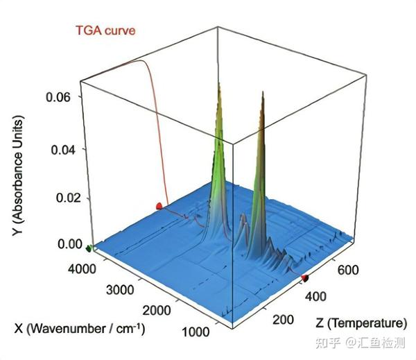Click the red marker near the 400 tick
pyautogui.click(x=304, y=278)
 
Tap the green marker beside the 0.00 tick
pyautogui.click(x=89, y=247)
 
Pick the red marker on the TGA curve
pyautogui.click(x=159, y=205)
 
